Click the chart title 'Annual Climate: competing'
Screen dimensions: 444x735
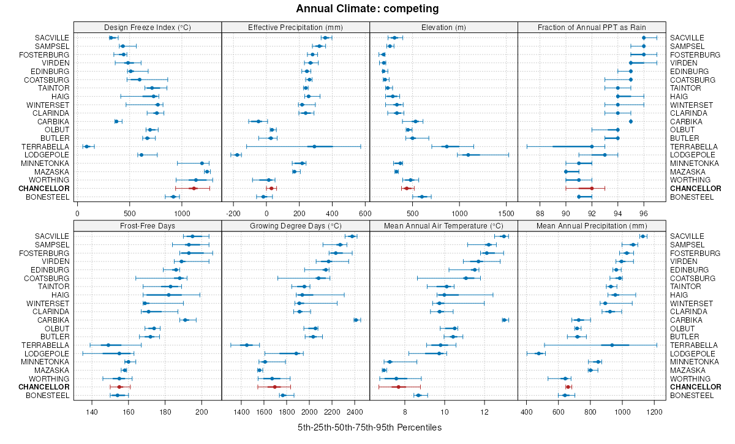(x=367, y=9)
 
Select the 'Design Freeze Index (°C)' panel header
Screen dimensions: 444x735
(x=147, y=27)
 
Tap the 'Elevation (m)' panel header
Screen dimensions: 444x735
(x=443, y=27)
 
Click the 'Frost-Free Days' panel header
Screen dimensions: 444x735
(x=147, y=225)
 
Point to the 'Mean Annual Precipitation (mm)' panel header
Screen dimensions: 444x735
(x=592, y=225)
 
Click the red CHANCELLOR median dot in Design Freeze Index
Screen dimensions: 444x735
(x=194, y=188)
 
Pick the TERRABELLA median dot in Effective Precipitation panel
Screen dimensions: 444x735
(x=314, y=146)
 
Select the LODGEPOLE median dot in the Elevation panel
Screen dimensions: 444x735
(x=468, y=155)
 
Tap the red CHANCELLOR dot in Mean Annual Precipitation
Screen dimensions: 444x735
(x=568, y=387)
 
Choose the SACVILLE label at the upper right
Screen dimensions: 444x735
(x=687, y=38)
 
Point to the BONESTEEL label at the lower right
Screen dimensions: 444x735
(x=692, y=396)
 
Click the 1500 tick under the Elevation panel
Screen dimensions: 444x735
(x=506, y=213)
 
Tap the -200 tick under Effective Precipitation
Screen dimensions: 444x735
(x=233, y=213)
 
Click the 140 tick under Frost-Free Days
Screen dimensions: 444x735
(x=92, y=412)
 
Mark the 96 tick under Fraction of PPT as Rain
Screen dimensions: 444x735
(x=644, y=213)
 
